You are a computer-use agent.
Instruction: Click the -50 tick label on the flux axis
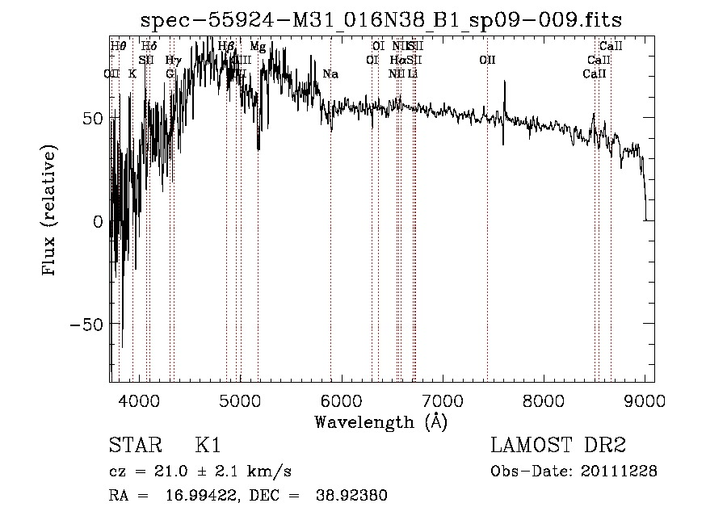tap(86, 325)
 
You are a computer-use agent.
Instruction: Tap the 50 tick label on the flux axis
tap(91, 119)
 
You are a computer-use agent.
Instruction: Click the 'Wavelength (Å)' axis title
tap(381, 421)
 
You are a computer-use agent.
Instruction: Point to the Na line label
tap(330, 74)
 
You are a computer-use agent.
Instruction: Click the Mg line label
tap(257, 47)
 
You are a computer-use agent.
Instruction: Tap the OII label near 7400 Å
tap(487, 60)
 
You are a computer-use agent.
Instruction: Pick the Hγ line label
tap(172, 60)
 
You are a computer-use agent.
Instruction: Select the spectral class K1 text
tap(208, 446)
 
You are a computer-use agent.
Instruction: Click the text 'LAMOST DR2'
tap(558, 446)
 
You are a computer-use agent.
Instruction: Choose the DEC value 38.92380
tap(354, 496)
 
